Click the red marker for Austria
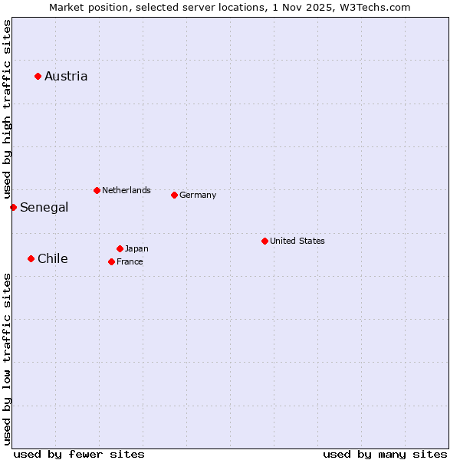38,76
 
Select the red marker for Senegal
13,207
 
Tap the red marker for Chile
31,258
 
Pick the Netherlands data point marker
97,190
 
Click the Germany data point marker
174,195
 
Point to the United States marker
264,241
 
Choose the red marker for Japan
120,248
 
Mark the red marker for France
111,261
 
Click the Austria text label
66,76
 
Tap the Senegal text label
44,207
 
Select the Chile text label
53,258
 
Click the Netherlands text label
127,190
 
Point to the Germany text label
198,195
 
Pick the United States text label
297,241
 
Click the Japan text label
136,248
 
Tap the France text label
130,261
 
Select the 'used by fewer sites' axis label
79,454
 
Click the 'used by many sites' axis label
385,454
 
